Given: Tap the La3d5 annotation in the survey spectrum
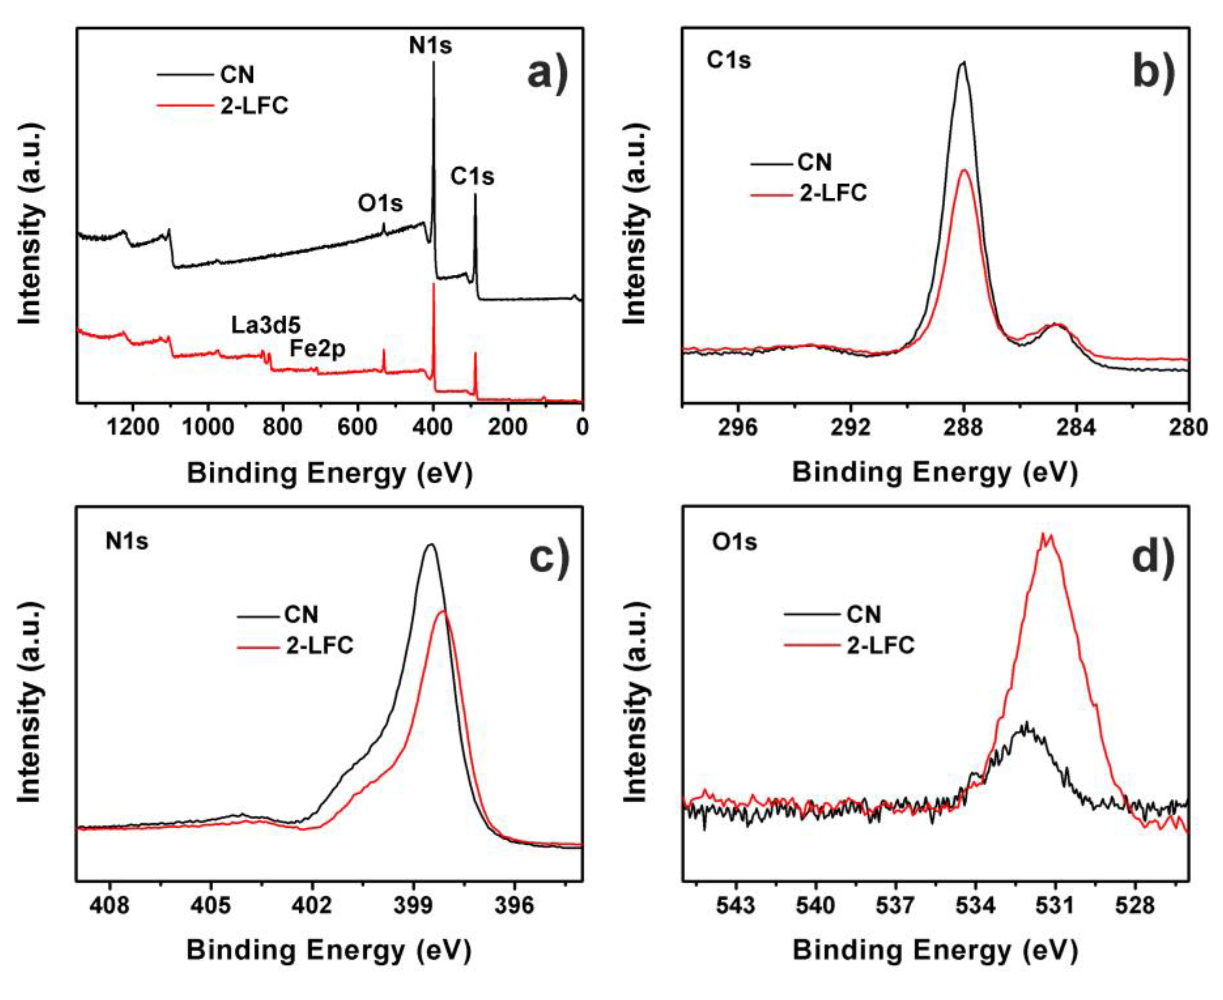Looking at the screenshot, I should point(266,325).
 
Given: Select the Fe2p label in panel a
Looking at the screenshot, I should point(317,349).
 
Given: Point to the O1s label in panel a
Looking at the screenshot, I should point(380,203).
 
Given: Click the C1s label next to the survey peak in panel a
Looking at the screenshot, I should point(472,176).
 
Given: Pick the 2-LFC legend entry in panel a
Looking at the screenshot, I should point(254,105).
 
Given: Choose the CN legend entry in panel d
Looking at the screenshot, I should point(863,615).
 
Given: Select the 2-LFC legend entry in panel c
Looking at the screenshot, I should point(319,646).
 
